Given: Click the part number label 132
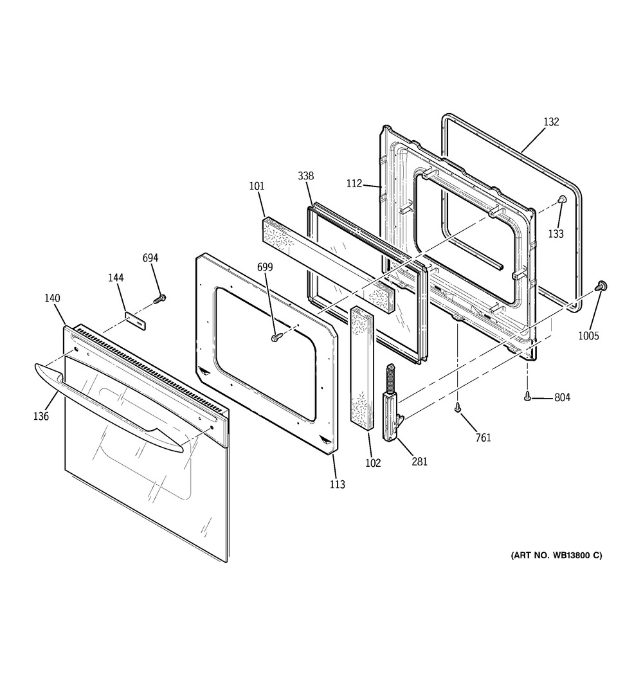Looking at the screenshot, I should coord(551,122).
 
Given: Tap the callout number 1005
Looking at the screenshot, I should coord(589,335).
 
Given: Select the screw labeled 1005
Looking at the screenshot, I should coord(603,286).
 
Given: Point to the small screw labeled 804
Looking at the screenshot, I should coord(527,397).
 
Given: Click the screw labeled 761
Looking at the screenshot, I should coord(458,406).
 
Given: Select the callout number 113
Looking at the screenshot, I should coord(336,484).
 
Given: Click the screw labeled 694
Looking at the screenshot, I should coord(161,298).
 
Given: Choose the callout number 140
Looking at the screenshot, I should coord(52,298).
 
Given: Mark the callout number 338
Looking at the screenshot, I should coord(305,176).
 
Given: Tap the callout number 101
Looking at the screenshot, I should coord(257,186).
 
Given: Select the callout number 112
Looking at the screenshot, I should coord(355,183).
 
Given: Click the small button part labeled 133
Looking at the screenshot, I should coord(561,200).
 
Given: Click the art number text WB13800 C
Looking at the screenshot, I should coord(556,555).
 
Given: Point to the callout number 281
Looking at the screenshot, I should coord(419,461).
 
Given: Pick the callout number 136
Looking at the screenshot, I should coord(41,416).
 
